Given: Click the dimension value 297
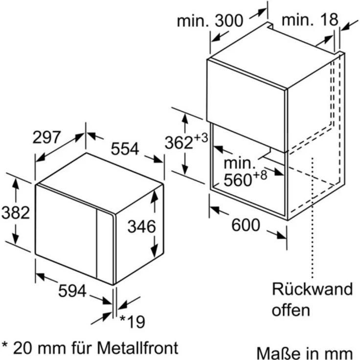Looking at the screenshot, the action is pos(46,137).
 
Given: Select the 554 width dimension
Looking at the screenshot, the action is pos(125,149).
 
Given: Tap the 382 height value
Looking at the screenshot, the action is pos(16,213).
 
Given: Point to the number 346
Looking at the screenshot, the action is pos(142,226).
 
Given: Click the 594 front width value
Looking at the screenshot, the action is pos(72,291).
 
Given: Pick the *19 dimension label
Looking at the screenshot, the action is pos(133,322).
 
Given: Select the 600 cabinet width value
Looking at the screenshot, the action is pos(246,225).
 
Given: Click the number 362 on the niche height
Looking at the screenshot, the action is pos(179,143).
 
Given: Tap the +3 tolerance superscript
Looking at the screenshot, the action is pos(201,138).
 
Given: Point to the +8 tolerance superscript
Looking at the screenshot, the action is pos(260,176).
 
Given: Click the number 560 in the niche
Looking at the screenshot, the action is pos(238,180).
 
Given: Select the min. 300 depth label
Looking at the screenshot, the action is pos(210,21).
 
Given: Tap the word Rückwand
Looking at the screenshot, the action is pos(312,289).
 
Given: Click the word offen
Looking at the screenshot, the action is pos(291,310).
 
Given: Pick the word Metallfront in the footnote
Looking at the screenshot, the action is pos(138,348).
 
